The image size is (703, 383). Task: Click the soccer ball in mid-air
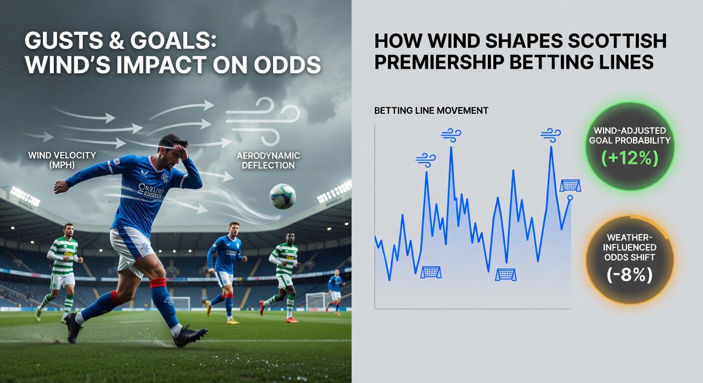(x=283, y=196)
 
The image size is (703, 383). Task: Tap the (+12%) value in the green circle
(x=630, y=158)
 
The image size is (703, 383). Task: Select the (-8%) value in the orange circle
(x=629, y=274)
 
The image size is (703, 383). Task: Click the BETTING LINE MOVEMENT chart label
(x=431, y=111)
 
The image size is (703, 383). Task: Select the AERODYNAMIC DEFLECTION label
(x=268, y=160)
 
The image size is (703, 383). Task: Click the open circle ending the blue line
(x=570, y=198)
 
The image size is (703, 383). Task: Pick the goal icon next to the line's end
(x=570, y=186)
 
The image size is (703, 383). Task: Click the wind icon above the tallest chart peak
(x=451, y=134)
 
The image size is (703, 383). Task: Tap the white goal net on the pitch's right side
(x=316, y=301)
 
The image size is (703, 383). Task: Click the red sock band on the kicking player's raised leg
(x=158, y=283)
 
